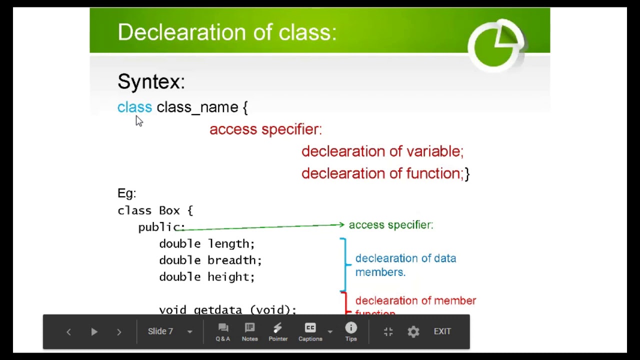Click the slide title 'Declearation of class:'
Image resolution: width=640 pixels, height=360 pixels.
[227, 32]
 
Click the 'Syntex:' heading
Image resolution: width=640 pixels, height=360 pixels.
[151, 81]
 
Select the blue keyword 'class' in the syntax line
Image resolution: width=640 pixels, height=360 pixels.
[134, 107]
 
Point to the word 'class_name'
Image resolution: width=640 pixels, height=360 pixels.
[197, 107]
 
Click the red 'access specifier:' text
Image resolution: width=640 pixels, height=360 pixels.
[265, 129]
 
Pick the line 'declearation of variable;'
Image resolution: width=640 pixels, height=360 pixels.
[382, 151]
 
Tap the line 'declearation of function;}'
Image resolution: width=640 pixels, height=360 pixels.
[385, 173]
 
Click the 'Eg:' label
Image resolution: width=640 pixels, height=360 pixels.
[126, 193]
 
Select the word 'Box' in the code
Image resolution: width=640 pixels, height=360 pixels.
[169, 210]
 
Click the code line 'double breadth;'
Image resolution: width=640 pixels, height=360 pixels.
[210, 260]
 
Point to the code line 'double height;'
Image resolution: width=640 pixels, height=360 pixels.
[206, 276]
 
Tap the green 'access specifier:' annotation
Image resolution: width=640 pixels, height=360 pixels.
[391, 225]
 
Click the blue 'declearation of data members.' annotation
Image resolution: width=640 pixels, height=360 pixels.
[405, 265]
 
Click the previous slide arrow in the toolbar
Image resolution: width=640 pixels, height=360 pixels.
[68, 332]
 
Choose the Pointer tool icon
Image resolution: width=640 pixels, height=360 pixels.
[278, 331]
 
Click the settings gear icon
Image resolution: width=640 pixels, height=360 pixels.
[413, 331]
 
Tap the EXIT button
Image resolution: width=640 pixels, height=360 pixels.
[442, 331]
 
